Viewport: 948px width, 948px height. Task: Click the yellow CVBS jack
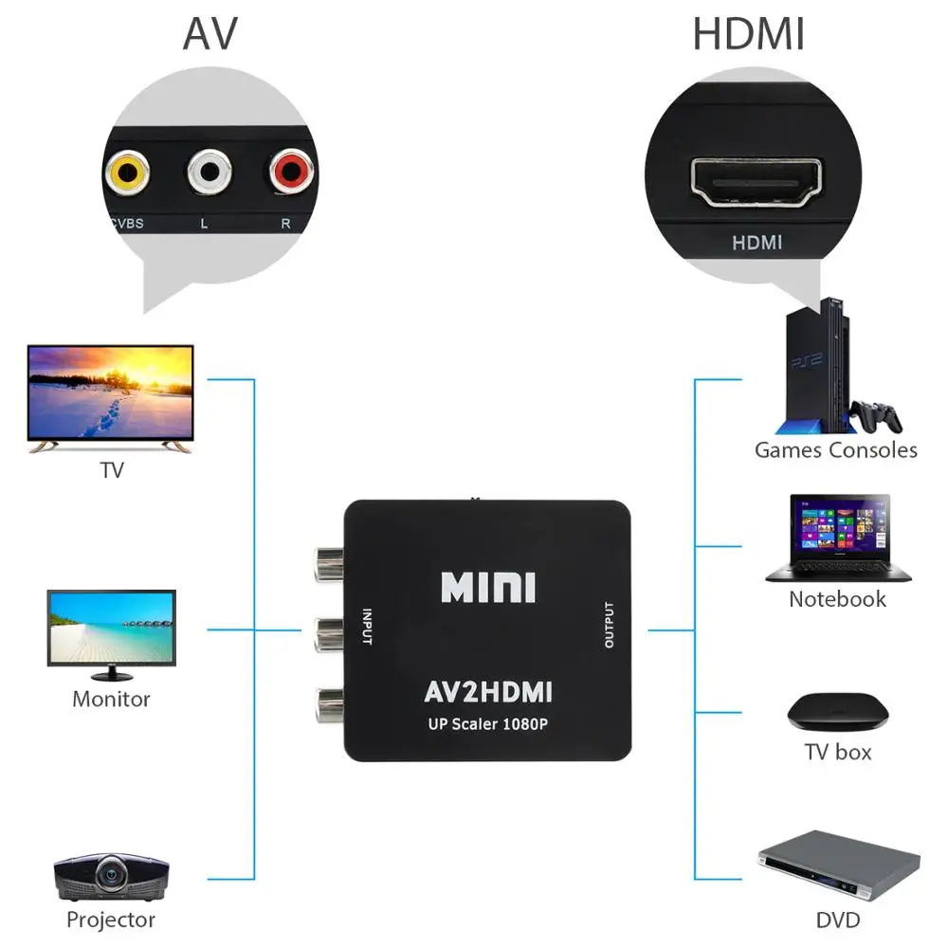[x=126, y=173]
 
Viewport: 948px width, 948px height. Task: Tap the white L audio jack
[x=210, y=173]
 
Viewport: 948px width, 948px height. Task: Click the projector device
[x=112, y=877]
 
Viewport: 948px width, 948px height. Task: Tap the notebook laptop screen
[x=838, y=527]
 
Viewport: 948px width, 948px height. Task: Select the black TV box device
[x=838, y=711]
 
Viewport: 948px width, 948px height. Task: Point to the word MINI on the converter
[x=488, y=587]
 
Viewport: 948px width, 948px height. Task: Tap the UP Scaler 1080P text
[x=487, y=725]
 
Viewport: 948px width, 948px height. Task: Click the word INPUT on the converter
[x=366, y=626]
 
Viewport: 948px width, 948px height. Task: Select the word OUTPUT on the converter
[x=609, y=626]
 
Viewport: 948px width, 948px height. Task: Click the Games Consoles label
[x=835, y=449]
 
